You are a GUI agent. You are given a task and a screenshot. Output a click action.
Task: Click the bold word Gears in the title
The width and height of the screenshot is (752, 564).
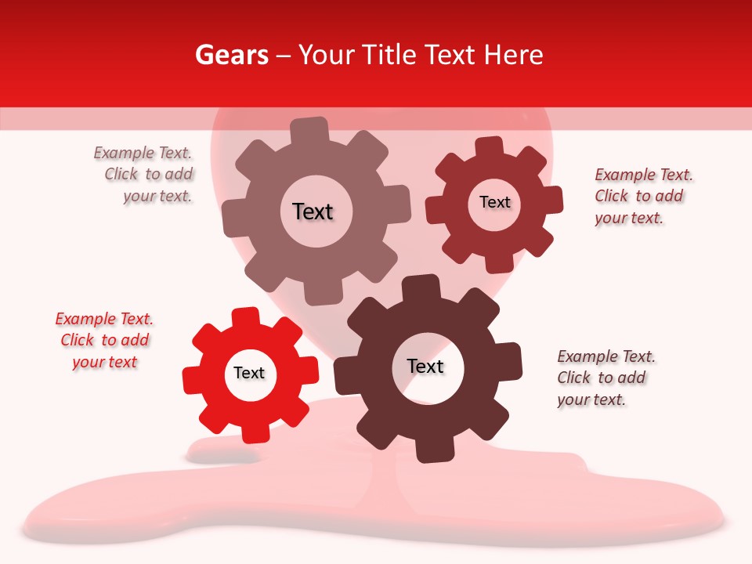tap(231, 55)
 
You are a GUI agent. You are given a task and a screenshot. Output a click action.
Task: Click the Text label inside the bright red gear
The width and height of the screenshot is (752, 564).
tap(249, 373)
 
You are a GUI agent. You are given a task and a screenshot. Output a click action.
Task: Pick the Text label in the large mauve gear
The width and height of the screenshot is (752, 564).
tap(313, 211)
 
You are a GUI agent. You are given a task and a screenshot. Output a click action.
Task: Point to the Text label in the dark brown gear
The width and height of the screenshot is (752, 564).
tap(425, 366)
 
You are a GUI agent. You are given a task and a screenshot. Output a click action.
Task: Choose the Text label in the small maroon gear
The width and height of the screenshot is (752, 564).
tap(494, 202)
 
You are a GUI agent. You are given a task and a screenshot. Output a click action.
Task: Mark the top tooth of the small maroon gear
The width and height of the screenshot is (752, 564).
tap(489, 146)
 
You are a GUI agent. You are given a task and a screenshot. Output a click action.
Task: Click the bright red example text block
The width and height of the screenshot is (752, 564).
tap(104, 340)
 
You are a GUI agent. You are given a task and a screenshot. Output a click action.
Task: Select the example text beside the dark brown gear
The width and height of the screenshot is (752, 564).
tap(606, 378)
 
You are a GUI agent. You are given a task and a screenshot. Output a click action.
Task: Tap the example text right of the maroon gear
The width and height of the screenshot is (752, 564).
tap(642, 196)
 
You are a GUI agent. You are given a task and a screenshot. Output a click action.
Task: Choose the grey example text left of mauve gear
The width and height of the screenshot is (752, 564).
tap(144, 175)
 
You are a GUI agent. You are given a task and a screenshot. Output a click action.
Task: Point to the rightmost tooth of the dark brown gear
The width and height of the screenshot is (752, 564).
tap(511, 360)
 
